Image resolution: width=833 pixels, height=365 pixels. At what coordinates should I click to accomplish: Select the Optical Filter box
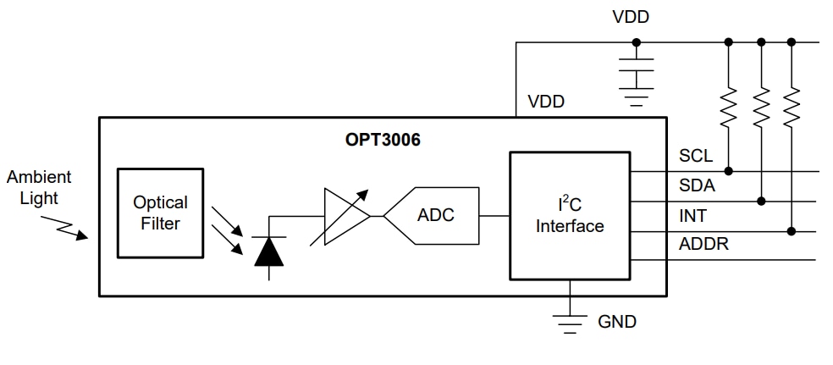tap(160, 213)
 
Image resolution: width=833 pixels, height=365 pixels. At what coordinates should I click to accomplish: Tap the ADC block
tap(435, 215)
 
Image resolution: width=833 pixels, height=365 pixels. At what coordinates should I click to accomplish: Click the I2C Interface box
tap(569, 216)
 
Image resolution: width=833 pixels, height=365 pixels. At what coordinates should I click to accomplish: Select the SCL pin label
tap(695, 157)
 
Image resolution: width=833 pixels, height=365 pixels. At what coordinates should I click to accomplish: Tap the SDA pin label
tap(697, 185)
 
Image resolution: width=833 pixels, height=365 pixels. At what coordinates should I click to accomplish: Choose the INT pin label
tap(692, 216)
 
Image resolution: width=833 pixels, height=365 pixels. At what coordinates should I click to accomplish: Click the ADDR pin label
tap(703, 245)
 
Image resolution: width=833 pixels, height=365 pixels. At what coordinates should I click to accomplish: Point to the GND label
tap(616, 322)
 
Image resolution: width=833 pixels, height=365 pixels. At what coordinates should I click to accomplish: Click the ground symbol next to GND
tap(570, 321)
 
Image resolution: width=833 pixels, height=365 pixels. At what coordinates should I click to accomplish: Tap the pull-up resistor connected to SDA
tap(761, 107)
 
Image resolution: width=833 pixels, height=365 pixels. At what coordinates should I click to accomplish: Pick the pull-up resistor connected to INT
tap(792, 107)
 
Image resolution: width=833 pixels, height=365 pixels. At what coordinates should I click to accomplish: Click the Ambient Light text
tap(39, 187)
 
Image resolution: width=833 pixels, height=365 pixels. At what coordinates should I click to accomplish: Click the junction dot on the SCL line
tap(728, 171)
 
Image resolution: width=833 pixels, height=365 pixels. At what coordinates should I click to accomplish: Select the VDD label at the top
tap(631, 17)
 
